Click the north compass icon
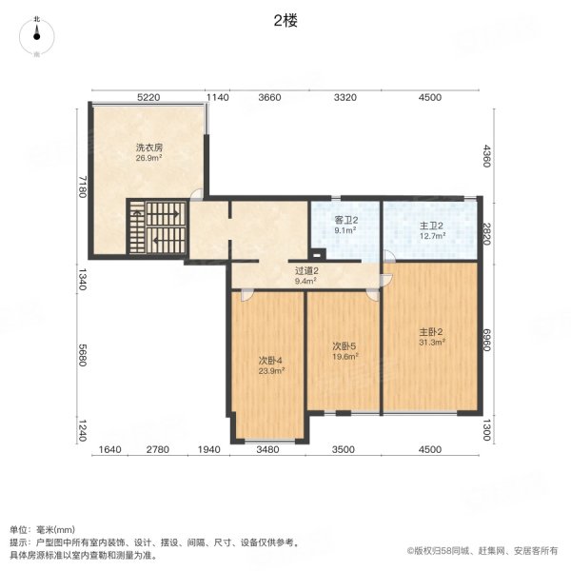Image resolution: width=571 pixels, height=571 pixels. pos(36,35)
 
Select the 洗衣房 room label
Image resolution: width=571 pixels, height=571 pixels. pos(148,148)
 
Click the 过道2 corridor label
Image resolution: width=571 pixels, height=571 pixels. pos(305,272)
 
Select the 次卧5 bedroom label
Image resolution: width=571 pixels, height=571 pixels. pos(344,345)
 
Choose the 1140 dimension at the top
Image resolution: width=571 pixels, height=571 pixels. pos(218,97)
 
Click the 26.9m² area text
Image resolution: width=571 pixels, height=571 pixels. pos(148,159)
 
